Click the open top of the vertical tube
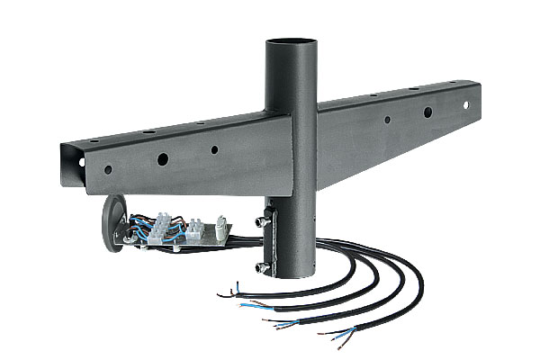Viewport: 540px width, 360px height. tap(292, 41)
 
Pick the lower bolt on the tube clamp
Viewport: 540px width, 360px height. tap(261, 267)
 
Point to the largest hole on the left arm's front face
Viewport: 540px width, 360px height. tap(163, 159)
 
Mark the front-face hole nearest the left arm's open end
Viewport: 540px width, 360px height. tap(107, 169)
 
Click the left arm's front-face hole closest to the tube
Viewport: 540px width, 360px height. tap(214, 151)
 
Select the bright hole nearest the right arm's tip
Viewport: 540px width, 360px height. tap(466, 105)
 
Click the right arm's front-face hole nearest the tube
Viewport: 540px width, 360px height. tap(387, 120)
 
